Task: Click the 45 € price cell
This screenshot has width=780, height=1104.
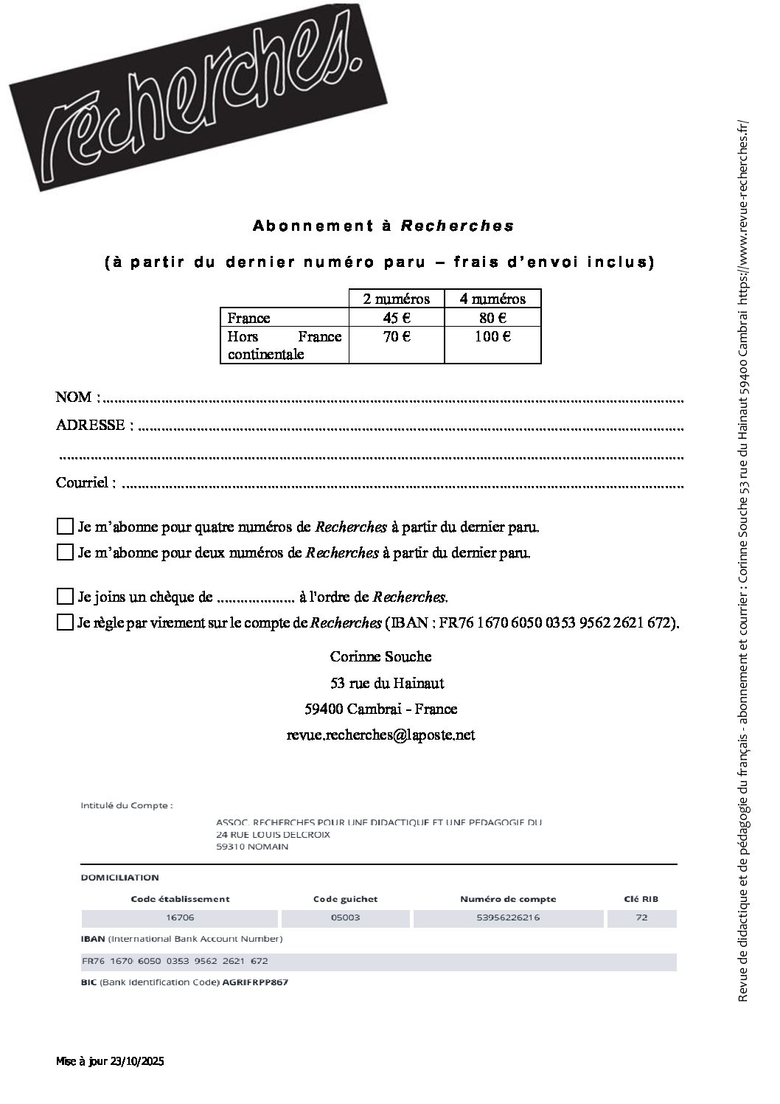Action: point(396,318)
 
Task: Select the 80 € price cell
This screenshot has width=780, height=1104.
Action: point(492,318)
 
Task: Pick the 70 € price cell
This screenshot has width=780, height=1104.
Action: point(396,337)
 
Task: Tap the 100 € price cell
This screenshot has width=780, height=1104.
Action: point(492,337)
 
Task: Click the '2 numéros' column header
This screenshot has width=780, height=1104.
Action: point(396,299)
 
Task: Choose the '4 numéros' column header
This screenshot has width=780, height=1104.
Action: point(492,299)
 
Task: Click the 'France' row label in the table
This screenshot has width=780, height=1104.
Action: point(249,319)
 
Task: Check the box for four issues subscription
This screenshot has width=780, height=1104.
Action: point(65,527)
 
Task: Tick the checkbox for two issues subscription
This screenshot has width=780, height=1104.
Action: point(65,552)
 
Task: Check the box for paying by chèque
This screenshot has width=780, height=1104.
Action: point(65,596)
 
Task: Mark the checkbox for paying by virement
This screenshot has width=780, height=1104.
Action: point(65,622)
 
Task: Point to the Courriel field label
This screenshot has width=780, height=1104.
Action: point(86,483)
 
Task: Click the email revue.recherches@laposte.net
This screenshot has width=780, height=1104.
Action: point(380,735)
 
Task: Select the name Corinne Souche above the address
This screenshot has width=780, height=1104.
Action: point(380,656)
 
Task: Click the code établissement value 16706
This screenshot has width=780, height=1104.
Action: point(180,918)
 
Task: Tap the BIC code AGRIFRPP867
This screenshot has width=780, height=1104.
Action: point(255,982)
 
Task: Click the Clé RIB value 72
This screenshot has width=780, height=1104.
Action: point(641,918)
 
